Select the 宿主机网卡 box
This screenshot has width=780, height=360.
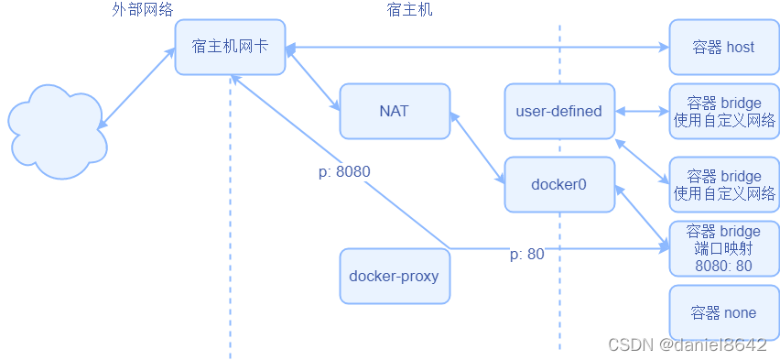230,47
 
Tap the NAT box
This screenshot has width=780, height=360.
395,111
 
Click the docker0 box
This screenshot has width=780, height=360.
559,184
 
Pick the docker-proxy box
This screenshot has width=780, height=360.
395,276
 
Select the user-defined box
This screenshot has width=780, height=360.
559,111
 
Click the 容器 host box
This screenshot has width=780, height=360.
723,47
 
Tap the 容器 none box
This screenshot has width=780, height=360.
723,312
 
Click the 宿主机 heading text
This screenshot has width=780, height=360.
409,9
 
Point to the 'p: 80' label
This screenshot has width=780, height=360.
526,255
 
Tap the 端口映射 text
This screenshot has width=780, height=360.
723,249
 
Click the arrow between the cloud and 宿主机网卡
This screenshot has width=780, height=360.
137,88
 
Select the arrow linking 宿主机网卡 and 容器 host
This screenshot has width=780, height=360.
476,47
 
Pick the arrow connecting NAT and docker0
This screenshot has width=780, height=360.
477,147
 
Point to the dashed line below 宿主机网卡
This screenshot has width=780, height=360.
230,229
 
